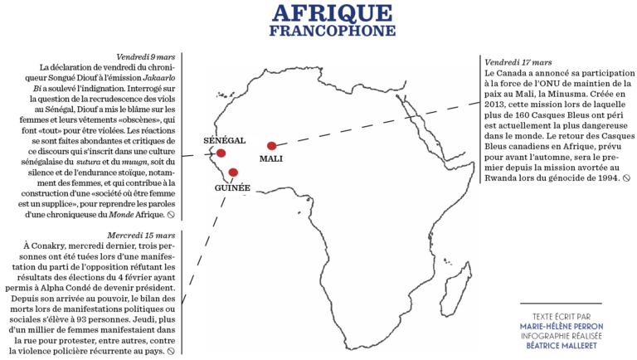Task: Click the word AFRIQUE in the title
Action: [x=331, y=13]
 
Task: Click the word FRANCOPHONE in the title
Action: [x=331, y=31]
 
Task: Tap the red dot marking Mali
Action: [x=272, y=146]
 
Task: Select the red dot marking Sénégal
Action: [x=221, y=153]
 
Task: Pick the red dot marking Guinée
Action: [x=234, y=173]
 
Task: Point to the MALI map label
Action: [x=271, y=158]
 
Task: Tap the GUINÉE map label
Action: [x=232, y=187]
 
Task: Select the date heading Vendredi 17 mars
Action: [x=518, y=62]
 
